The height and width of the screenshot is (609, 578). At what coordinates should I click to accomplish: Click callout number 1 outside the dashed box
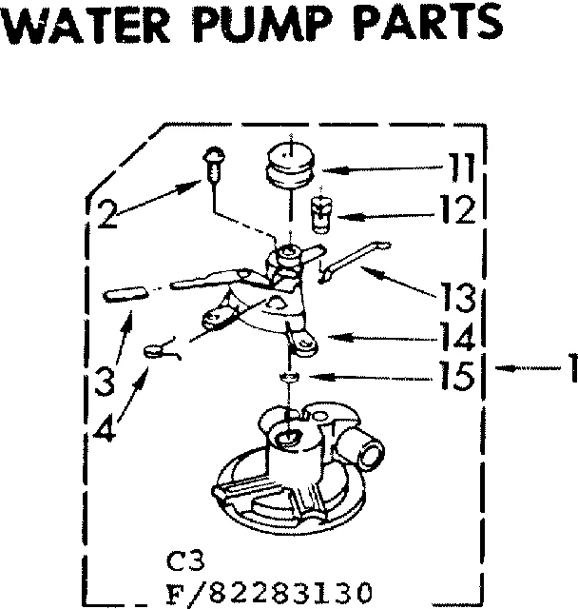click(569, 366)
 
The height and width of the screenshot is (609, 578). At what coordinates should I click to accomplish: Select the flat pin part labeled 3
click(125, 294)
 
